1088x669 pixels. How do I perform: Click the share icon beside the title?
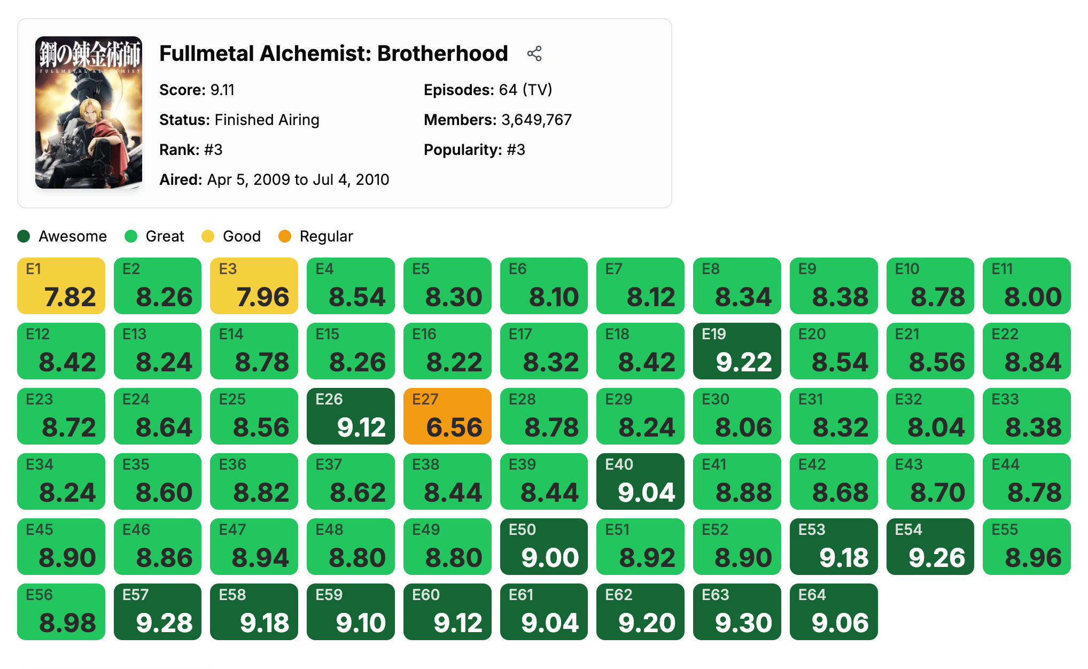(x=534, y=53)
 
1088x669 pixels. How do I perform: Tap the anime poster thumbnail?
(x=89, y=112)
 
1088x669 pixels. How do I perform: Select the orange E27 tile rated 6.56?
(x=447, y=416)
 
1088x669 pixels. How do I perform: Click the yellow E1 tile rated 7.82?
(x=61, y=286)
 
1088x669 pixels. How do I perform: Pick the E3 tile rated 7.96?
(x=254, y=286)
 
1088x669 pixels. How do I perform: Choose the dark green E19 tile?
(x=737, y=351)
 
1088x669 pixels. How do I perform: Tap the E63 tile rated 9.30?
(x=737, y=612)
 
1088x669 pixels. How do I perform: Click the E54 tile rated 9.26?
(x=930, y=547)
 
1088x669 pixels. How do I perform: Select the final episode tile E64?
(x=834, y=612)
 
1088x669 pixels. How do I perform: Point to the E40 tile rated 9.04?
(x=640, y=481)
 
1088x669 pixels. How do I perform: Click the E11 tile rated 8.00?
(x=1027, y=286)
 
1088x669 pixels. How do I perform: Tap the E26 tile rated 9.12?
(x=351, y=416)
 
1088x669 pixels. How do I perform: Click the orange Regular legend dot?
(x=285, y=236)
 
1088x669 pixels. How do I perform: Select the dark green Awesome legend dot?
(x=24, y=236)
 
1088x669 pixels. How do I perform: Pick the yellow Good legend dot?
(x=208, y=236)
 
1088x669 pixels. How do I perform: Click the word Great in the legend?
(x=165, y=236)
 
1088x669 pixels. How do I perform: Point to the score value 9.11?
(x=222, y=90)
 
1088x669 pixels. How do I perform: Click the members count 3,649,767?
(x=536, y=120)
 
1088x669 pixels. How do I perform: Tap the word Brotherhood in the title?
(x=442, y=53)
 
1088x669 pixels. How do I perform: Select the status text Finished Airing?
(x=267, y=120)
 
